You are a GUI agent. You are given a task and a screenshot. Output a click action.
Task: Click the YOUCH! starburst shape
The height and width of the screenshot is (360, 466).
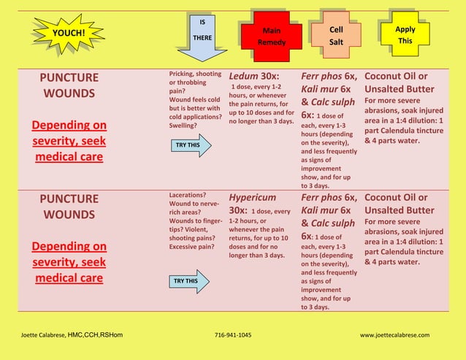[69, 33]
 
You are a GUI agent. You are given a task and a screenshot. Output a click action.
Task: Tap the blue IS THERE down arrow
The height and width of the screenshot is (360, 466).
[202, 37]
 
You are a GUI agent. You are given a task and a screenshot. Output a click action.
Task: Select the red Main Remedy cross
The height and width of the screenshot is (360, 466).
[272, 37]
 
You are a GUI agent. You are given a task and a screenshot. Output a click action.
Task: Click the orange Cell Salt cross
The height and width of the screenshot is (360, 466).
[336, 35]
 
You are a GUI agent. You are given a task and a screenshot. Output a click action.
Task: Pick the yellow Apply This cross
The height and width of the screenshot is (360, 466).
[405, 34]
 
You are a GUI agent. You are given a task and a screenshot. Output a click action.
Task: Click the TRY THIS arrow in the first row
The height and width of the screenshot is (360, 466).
[191, 145]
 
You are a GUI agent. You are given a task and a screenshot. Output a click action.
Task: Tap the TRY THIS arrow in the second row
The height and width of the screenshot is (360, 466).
[189, 281]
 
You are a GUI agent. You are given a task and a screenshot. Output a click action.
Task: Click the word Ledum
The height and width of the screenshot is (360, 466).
[243, 77]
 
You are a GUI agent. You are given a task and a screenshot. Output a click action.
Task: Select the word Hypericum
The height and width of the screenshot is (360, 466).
[252, 198]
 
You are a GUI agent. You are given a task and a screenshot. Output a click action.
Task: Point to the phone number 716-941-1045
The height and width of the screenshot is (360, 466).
[233, 335]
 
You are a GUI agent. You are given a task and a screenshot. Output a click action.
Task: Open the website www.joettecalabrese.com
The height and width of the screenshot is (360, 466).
[394, 335]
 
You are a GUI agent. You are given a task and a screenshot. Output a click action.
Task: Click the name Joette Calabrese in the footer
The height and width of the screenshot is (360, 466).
[43, 335]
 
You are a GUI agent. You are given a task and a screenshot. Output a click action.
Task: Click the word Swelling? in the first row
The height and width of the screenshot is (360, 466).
[183, 126]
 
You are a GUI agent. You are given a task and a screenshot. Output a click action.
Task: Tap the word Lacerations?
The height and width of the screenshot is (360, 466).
[188, 195]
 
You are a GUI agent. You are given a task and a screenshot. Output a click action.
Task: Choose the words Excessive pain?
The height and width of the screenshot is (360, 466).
[191, 247]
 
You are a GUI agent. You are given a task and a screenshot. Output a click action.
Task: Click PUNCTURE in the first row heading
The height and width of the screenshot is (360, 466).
[69, 78]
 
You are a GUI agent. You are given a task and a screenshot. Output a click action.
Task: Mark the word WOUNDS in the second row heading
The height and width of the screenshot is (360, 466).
[69, 215]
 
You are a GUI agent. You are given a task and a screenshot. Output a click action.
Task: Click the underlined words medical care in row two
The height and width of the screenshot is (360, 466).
[69, 278]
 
